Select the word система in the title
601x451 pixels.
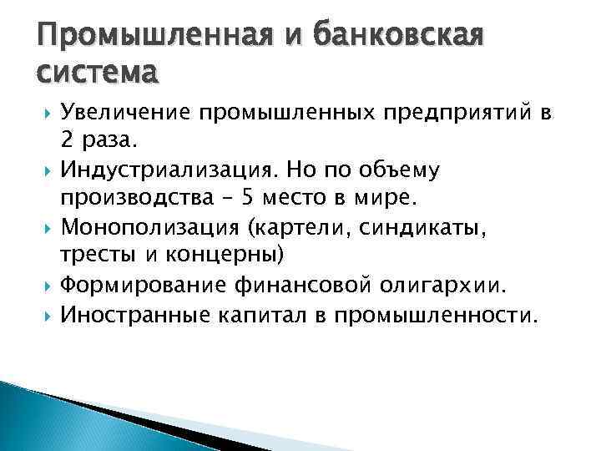coord(93,76)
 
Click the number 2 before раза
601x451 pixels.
coord(67,141)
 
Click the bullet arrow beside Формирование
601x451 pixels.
coord(45,286)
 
